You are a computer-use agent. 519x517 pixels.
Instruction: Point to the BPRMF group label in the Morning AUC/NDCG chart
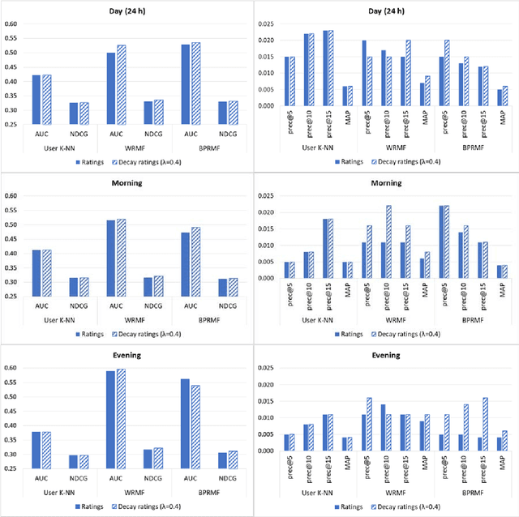(212, 320)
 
